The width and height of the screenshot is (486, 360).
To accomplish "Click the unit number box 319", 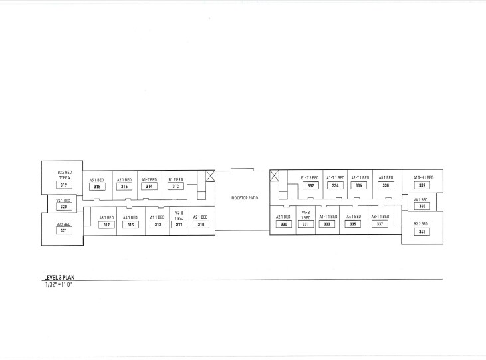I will [64, 185].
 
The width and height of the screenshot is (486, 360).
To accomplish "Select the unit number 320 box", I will [64, 207].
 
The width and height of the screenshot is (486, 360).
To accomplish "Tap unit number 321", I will [64, 230].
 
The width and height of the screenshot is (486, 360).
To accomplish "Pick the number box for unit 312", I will [176, 187].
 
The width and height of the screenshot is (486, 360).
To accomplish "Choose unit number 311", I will [178, 225].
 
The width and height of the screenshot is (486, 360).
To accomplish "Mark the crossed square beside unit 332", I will [274, 175].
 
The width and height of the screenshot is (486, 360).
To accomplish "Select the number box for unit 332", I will [310, 186].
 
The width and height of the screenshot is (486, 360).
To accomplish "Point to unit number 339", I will [422, 185].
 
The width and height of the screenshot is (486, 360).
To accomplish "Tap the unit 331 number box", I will [306, 225].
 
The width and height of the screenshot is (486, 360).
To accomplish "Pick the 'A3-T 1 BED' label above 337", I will [379, 217].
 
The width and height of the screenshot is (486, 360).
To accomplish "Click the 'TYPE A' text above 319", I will [64, 178].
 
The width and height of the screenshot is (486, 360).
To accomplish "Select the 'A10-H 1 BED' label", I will [423, 178].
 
